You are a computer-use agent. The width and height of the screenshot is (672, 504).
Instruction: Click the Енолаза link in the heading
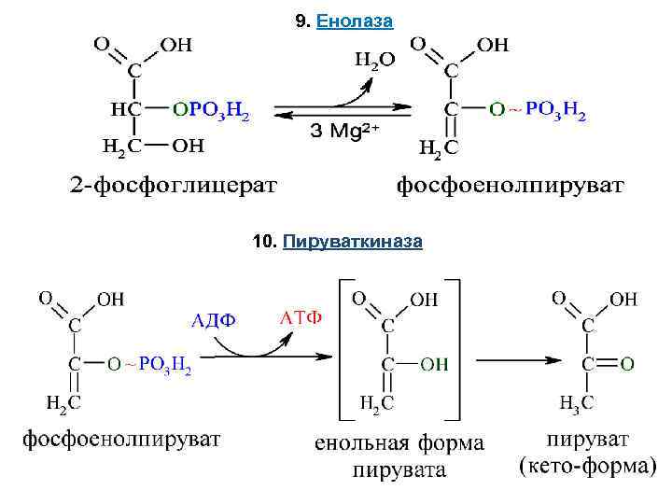[x=355, y=21]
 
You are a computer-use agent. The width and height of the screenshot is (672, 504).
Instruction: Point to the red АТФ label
[x=301, y=317]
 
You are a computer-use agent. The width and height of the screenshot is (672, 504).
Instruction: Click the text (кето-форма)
[x=586, y=465]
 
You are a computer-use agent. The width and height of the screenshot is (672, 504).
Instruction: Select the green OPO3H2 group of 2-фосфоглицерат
[x=211, y=110]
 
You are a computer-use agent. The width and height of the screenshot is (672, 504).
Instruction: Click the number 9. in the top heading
[x=302, y=21]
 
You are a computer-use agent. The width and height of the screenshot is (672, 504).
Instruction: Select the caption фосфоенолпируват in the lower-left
[x=121, y=437]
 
